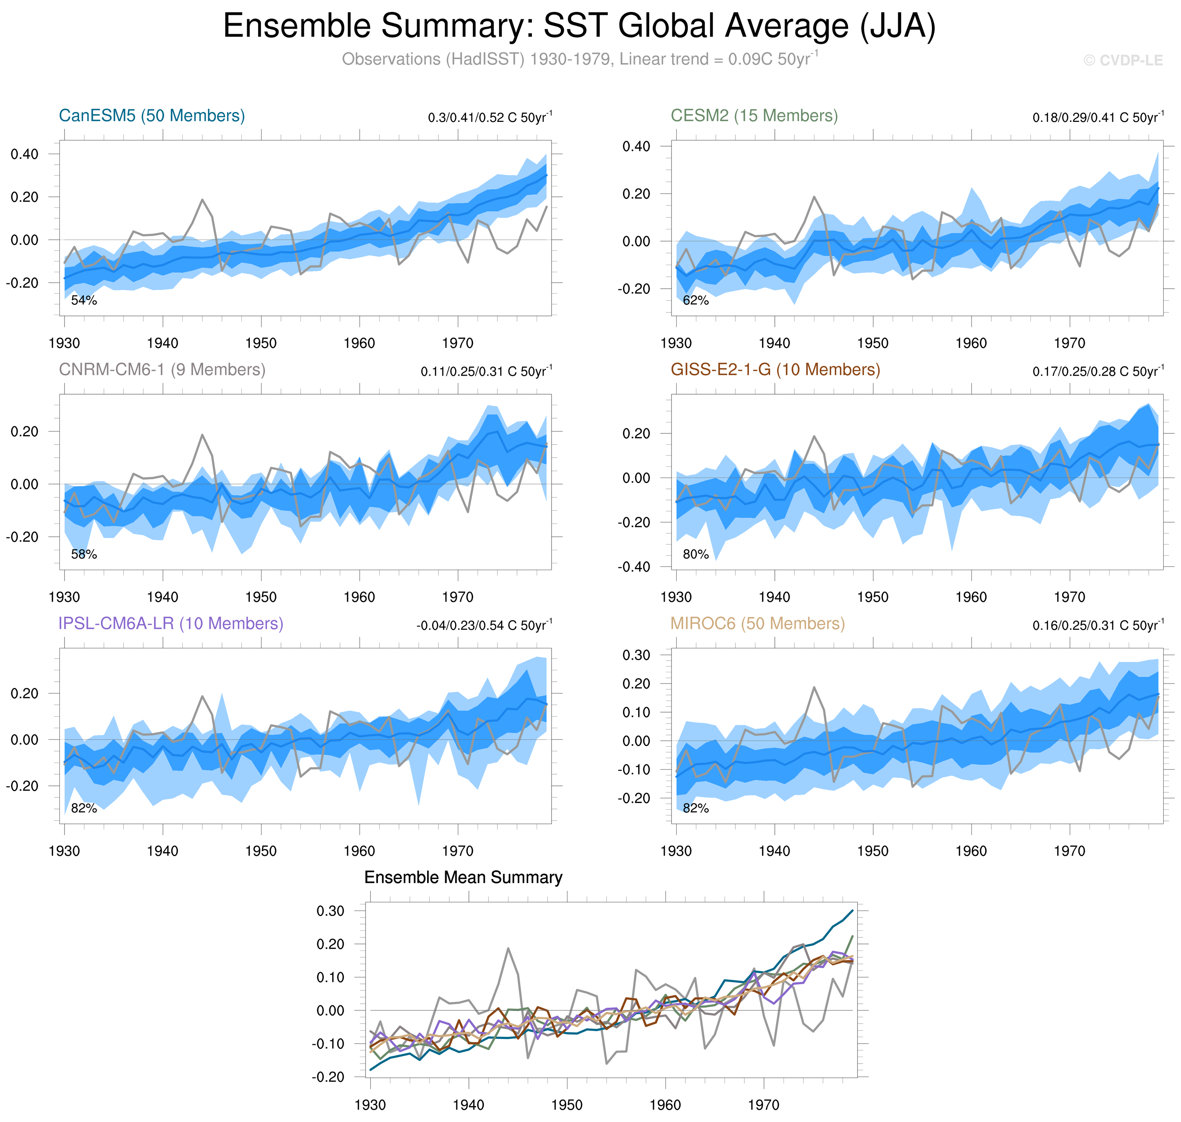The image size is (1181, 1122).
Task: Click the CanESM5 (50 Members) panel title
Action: [152, 115]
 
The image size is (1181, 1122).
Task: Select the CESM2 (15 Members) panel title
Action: [754, 115]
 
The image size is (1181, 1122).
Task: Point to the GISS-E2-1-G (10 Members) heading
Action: [775, 370]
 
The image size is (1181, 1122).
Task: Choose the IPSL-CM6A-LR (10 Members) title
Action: [170, 623]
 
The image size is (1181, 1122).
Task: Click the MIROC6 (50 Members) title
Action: [757, 623]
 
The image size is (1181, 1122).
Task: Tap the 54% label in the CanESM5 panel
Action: [84, 300]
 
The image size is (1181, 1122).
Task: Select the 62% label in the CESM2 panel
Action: [695, 300]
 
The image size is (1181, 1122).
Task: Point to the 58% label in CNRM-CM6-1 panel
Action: [84, 554]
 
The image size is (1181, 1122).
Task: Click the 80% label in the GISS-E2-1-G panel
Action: [695, 554]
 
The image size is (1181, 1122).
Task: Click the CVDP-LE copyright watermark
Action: [1123, 61]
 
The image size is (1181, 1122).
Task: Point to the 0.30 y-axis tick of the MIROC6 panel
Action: [636, 655]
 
